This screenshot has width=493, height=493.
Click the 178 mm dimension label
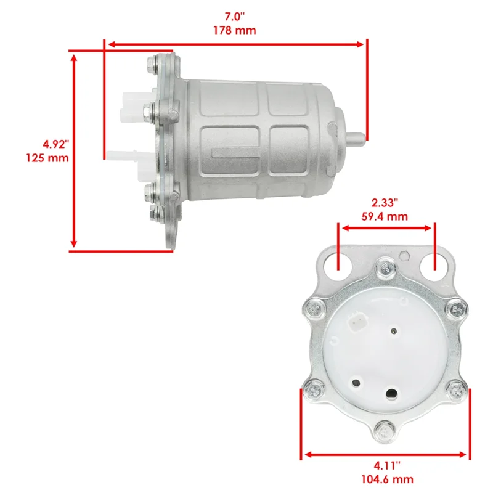point(235,30)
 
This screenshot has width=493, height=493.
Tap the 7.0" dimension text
point(235,17)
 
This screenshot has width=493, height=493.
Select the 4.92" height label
point(55,144)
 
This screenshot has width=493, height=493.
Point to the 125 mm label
point(47,158)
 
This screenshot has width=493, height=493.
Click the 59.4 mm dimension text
point(385,217)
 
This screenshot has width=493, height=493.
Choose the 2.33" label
point(385,203)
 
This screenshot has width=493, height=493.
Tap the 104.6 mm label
point(387,479)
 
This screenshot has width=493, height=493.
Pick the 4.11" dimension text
point(387,465)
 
